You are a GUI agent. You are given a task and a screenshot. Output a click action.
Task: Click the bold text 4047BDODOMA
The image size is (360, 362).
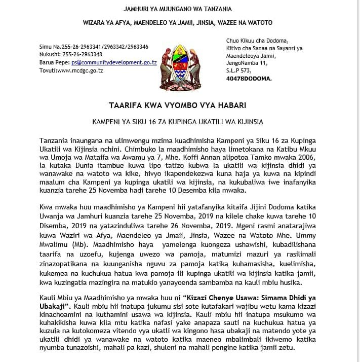point(249,79)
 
